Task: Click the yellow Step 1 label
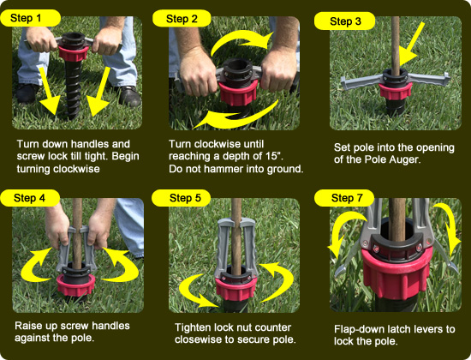30,18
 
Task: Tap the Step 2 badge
182,19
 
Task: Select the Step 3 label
344,21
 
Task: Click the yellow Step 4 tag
30,198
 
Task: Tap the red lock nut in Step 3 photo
395,90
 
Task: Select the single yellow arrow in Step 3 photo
411,44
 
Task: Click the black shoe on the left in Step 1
27,93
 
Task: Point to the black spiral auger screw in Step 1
72,89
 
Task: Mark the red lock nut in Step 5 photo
235,288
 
